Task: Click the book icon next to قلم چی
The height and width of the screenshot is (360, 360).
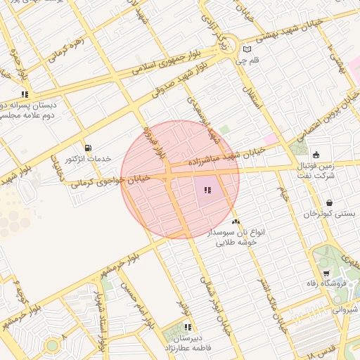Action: [246, 49]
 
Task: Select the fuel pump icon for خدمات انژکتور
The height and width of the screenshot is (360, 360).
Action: [88, 148]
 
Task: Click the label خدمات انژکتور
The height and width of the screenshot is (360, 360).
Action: [88, 159]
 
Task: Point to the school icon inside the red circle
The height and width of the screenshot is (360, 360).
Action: [207, 190]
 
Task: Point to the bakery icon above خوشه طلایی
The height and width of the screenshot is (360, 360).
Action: [236, 221]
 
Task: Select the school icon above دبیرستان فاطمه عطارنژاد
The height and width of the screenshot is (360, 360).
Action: [188, 327]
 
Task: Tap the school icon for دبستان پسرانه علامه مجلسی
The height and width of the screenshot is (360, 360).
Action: [25, 94]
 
